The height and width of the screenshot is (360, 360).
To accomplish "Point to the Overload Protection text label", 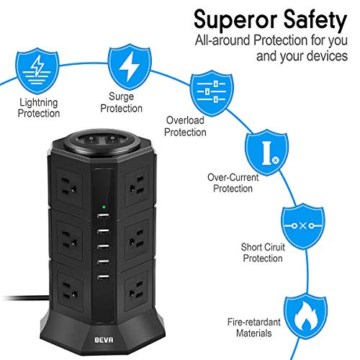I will [x=185, y=127].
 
